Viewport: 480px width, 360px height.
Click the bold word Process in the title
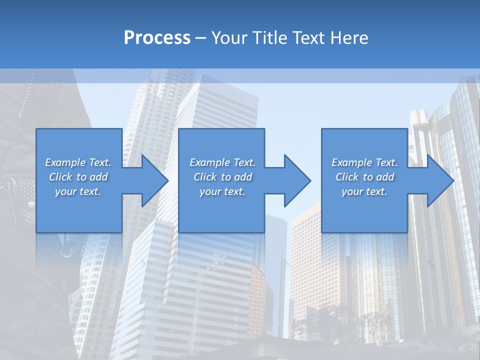[x=157, y=38]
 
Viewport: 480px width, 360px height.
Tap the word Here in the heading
[x=349, y=38]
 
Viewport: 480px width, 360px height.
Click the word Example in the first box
[x=65, y=162]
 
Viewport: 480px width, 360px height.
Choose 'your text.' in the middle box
[x=222, y=191]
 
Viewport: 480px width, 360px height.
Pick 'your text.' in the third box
[x=364, y=191]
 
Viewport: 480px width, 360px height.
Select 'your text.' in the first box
[x=77, y=191]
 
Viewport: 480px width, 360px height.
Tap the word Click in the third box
[x=347, y=177]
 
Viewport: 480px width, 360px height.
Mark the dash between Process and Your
[x=201, y=38]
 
